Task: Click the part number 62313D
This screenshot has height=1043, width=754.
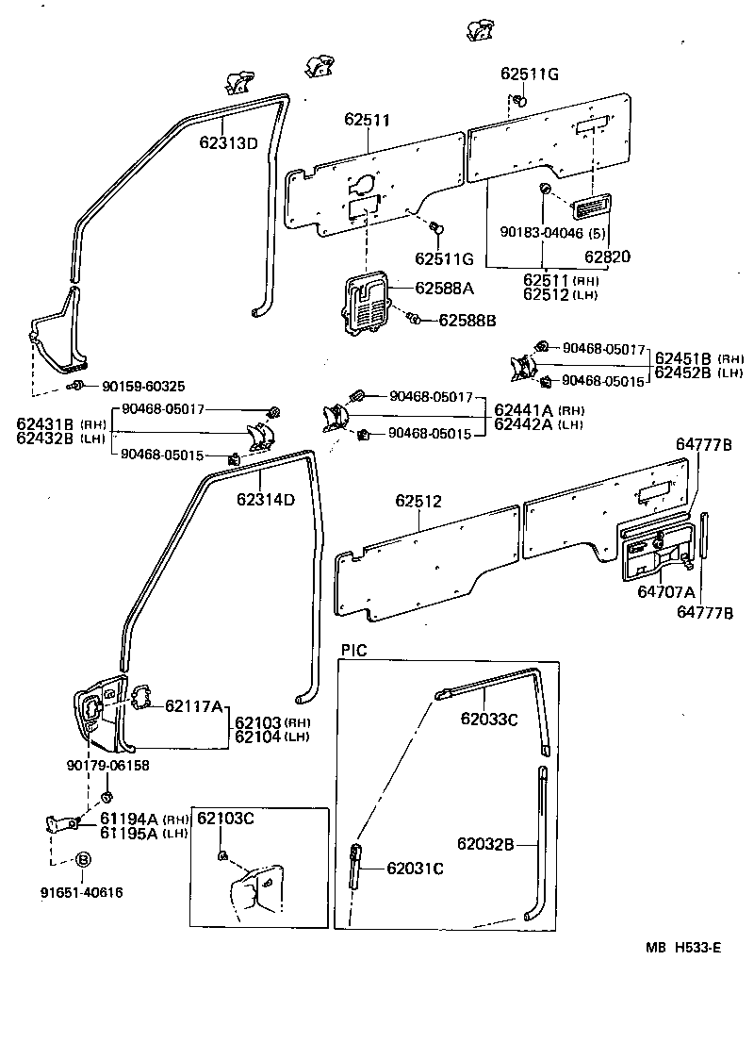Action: tap(228, 143)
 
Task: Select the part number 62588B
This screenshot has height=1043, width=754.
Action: tap(467, 320)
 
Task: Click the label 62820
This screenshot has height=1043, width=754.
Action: tap(608, 256)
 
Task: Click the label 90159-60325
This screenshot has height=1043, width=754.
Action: tap(143, 386)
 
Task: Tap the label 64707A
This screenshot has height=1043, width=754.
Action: tap(665, 592)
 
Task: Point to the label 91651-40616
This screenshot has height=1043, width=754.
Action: tap(81, 891)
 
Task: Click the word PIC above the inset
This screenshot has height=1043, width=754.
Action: tap(353, 650)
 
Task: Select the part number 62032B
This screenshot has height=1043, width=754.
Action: tap(486, 843)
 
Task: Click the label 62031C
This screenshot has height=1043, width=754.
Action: tap(415, 868)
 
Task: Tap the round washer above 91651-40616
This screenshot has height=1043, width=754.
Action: tap(82, 859)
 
